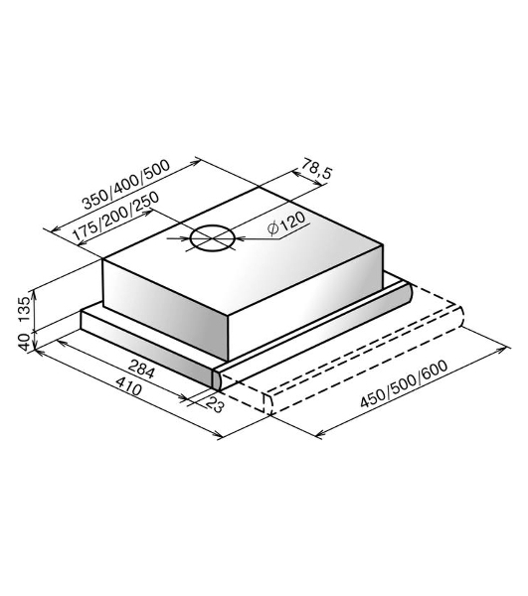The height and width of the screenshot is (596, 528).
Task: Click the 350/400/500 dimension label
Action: (x=126, y=185)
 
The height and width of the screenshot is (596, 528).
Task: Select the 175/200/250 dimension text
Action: (x=115, y=216)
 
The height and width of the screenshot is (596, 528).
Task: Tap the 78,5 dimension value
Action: (x=317, y=168)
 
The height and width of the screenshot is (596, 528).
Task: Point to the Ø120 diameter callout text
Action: (x=286, y=224)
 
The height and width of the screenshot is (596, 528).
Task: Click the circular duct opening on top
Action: (x=212, y=238)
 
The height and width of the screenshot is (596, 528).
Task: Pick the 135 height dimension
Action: (x=24, y=308)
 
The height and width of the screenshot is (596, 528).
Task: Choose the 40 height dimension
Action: (x=24, y=342)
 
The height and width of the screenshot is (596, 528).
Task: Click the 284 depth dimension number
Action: (x=141, y=369)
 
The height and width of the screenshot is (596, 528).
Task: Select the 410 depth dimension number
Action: (x=128, y=389)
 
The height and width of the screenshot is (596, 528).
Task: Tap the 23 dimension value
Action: (x=215, y=405)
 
